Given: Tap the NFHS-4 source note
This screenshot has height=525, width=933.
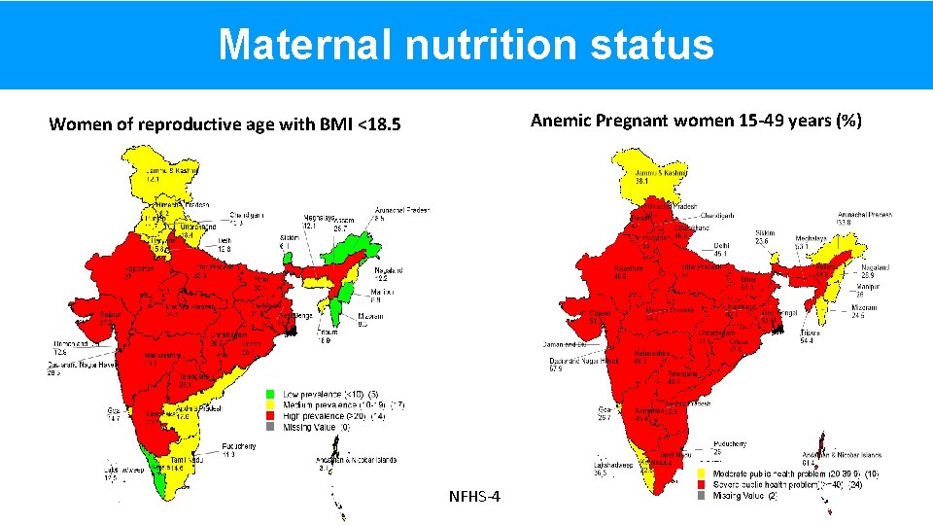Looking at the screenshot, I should pyautogui.click(x=475, y=498).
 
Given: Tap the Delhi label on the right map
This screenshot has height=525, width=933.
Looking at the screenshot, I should pyautogui.click(x=721, y=245).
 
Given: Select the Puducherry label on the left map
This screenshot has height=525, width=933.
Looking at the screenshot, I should pyautogui.click(x=239, y=446).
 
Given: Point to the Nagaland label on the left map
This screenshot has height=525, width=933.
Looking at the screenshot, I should pyautogui.click(x=389, y=269).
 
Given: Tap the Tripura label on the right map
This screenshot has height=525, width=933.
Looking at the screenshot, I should pyautogui.click(x=810, y=332).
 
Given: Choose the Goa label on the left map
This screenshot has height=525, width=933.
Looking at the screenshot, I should pyautogui.click(x=114, y=410).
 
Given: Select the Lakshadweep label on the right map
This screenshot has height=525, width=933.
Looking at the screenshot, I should pyautogui.click(x=588, y=466).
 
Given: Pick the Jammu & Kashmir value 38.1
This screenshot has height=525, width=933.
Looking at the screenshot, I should pyautogui.click(x=641, y=181).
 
